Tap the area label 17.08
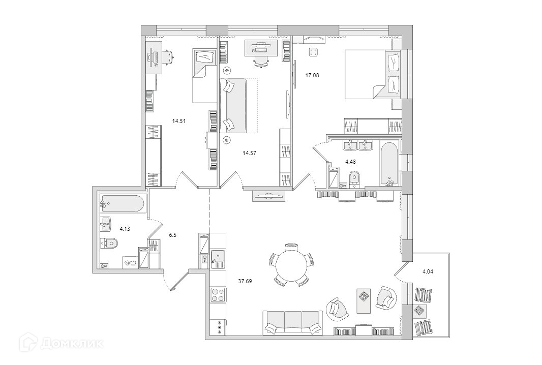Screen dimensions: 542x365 (312, 75)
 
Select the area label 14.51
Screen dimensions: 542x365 (178, 121)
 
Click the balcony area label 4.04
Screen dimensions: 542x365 (429, 271)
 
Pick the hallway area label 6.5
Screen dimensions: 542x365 (173, 235)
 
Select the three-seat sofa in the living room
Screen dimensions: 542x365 (292, 323)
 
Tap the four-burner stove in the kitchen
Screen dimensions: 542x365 (218, 295)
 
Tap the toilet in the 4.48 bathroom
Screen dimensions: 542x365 (355, 178)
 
